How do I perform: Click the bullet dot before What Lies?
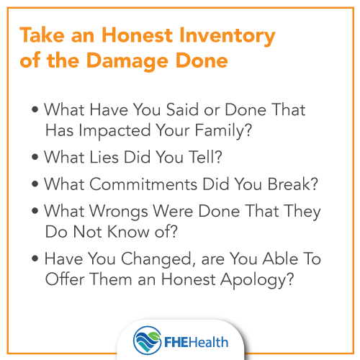pyautogui.click(x=36, y=156)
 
